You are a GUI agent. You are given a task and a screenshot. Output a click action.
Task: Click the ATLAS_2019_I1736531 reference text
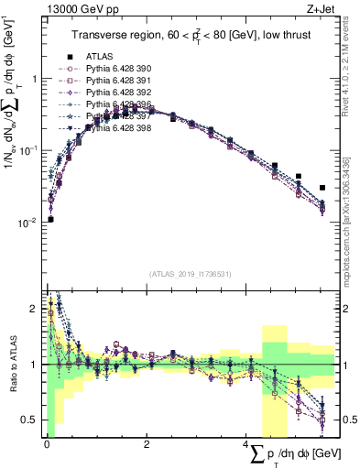190,273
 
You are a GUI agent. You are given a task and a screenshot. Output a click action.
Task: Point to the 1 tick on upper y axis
34,79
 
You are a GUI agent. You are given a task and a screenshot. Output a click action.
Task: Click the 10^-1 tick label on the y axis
29,150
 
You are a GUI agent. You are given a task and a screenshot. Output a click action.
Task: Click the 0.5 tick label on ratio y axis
30,420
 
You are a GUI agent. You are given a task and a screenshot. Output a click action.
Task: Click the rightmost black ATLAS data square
322,188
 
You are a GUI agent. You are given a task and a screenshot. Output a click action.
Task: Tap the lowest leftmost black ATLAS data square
50,219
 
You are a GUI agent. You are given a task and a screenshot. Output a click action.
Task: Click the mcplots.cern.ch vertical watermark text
353,220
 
